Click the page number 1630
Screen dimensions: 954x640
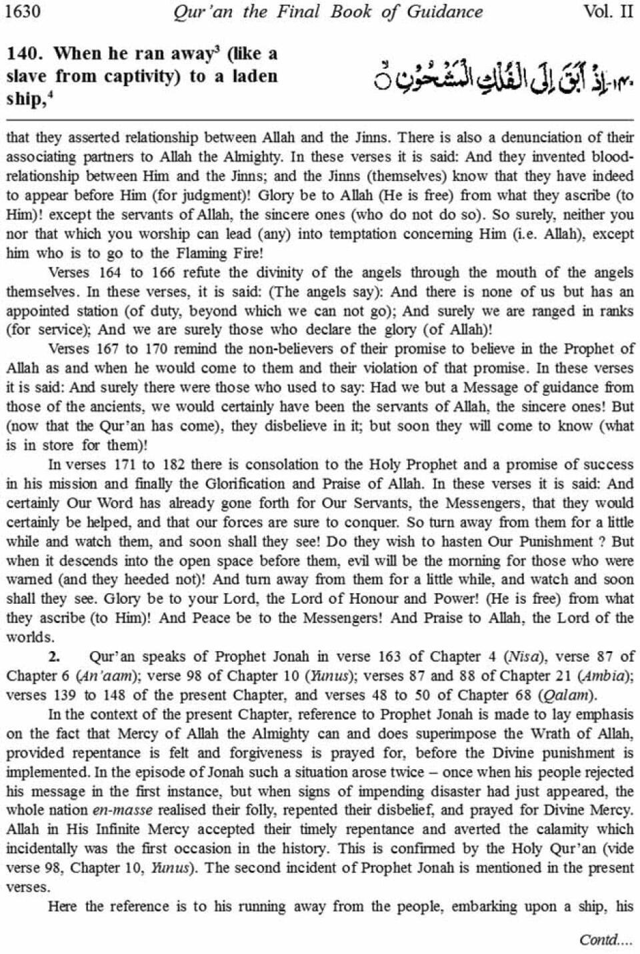(x=23, y=11)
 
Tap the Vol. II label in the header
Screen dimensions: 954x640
(x=607, y=11)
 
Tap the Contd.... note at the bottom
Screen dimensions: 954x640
(x=605, y=939)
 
